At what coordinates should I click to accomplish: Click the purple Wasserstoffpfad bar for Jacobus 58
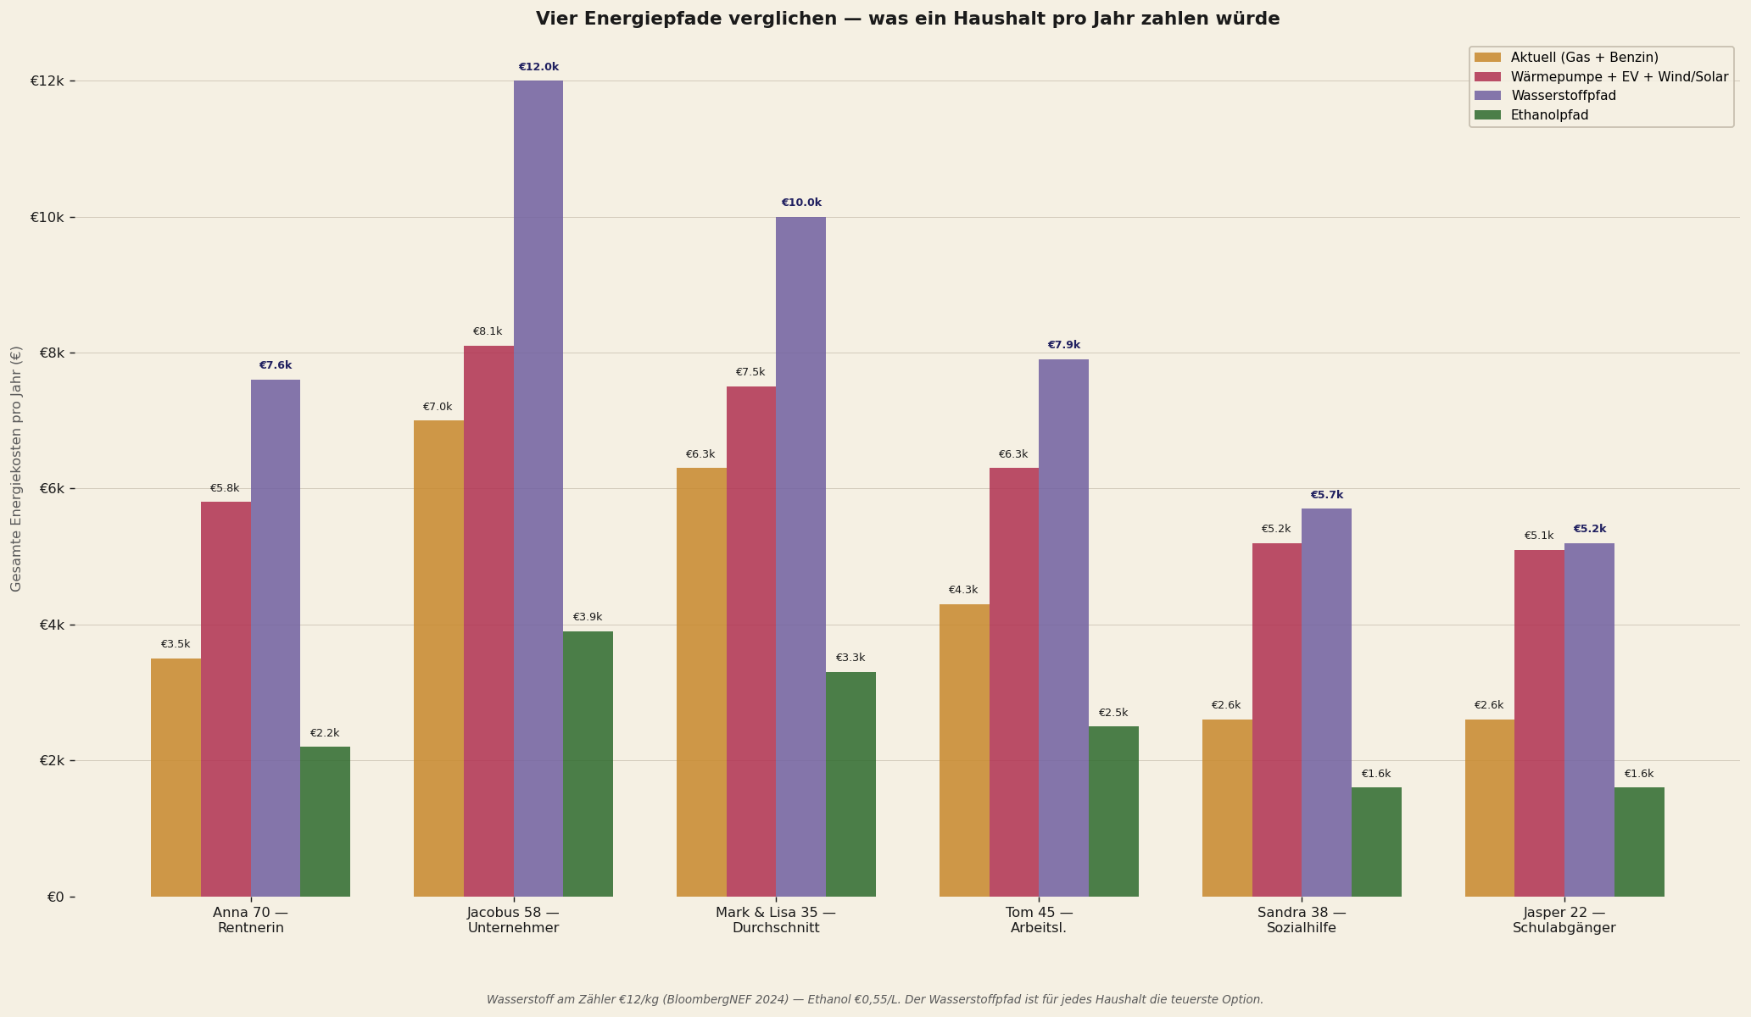click(538, 488)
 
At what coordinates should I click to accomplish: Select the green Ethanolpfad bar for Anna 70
click(325, 821)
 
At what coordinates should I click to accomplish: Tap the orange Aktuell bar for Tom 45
click(964, 750)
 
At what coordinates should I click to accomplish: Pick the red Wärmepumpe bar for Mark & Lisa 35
click(751, 642)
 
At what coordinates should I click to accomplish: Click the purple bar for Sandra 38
click(1326, 703)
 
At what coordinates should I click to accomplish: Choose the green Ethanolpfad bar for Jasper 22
click(1639, 842)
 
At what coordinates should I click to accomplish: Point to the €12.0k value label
click(538, 67)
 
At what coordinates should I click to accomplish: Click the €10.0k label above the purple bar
click(801, 203)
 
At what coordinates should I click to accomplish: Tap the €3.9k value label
click(588, 617)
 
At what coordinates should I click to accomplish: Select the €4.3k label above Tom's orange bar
click(963, 590)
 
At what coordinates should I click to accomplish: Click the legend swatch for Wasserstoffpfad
click(1487, 96)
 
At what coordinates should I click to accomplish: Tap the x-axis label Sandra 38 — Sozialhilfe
click(1302, 920)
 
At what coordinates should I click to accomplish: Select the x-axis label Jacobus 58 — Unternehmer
click(513, 920)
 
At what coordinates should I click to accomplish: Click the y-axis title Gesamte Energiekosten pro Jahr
click(17, 469)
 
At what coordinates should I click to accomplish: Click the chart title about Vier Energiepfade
click(907, 19)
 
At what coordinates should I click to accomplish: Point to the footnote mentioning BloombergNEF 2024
click(875, 1000)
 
